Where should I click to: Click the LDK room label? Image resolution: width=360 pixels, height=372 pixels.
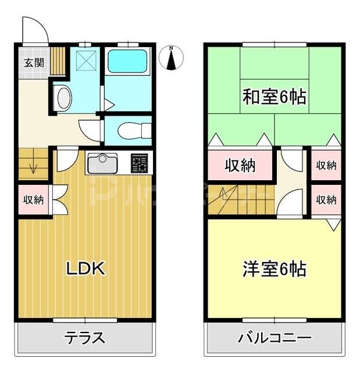[85, 269]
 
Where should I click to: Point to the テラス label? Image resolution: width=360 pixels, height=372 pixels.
[84, 338]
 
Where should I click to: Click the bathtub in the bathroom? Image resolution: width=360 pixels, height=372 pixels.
[127, 60]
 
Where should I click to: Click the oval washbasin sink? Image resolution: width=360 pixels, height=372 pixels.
[64, 99]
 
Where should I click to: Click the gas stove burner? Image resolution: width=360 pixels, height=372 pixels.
[140, 163]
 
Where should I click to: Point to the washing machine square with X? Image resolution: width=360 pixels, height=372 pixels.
[86, 59]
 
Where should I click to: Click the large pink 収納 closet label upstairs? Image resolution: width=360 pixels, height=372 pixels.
[240, 165]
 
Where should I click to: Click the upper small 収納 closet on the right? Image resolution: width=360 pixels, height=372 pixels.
[326, 165]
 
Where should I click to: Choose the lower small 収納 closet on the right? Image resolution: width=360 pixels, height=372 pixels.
[326, 199]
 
